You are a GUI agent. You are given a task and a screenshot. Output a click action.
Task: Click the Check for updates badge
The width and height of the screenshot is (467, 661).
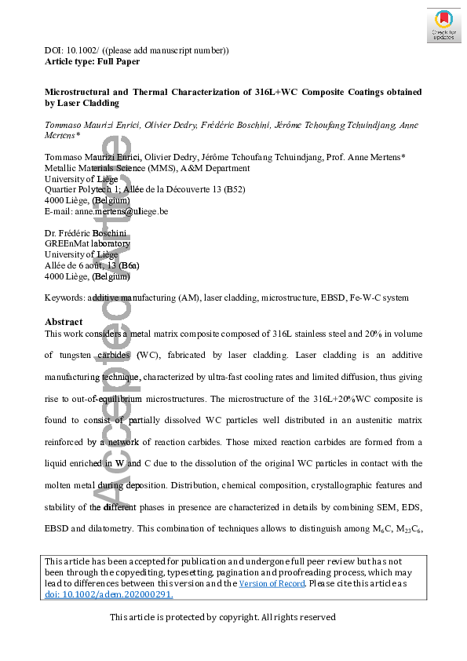pos(443,26)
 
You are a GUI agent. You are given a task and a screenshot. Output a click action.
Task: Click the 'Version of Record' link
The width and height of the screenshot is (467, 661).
pos(269,583)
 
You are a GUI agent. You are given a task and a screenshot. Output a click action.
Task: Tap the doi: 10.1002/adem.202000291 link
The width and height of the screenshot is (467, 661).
pos(109,594)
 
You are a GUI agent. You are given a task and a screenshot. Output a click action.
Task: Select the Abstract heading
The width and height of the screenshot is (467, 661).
pos(64,322)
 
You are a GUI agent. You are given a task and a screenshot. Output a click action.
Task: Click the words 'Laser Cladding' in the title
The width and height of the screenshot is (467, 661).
pos(87,103)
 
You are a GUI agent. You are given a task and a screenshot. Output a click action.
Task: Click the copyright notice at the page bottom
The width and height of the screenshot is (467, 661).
pos(222,617)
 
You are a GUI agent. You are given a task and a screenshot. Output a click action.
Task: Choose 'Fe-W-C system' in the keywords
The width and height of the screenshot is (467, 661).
pos(381,298)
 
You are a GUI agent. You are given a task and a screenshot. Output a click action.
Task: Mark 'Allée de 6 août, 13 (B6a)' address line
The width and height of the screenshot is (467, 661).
pos(92,265)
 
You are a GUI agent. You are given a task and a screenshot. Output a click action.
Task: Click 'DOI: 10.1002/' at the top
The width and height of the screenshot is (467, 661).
pos(71,50)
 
